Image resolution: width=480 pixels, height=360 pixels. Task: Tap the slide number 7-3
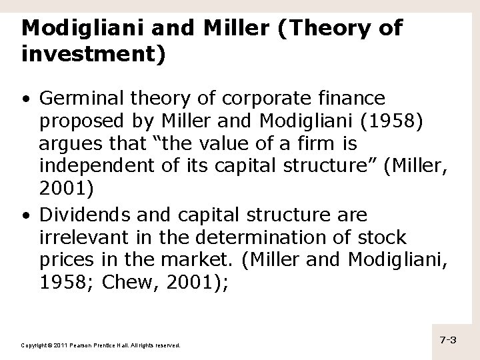point(447,340)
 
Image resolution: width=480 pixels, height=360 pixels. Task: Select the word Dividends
point(76,215)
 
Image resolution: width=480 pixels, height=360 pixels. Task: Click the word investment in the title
point(89,54)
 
